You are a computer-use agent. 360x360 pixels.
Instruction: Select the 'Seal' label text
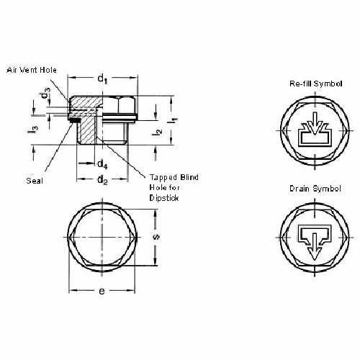33,180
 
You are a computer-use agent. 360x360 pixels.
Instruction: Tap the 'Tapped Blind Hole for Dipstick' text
174,186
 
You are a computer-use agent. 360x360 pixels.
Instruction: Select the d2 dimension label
104,180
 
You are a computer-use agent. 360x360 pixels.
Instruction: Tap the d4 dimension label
103,164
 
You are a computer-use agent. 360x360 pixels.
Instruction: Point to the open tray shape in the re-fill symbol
312,138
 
